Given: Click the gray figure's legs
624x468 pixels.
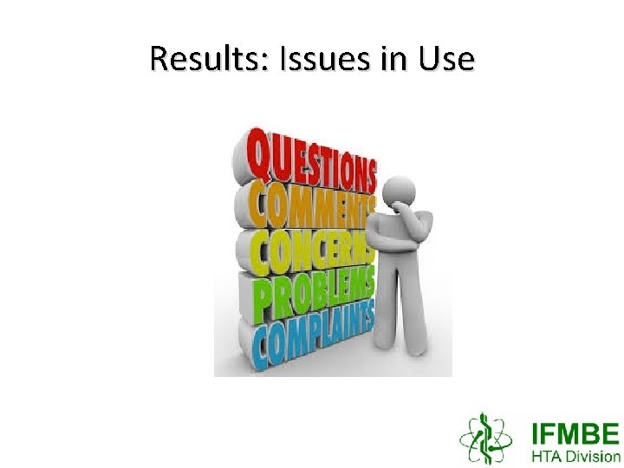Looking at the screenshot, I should (x=407, y=321).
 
